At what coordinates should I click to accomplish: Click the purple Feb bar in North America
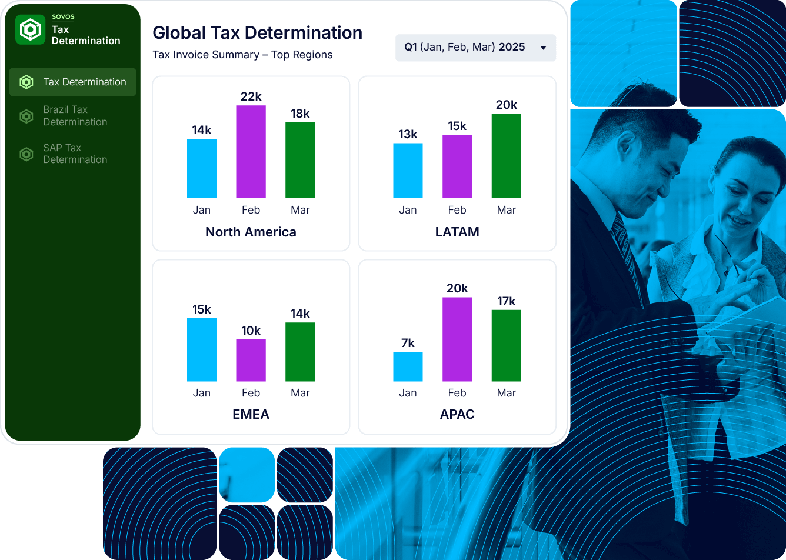coord(251,152)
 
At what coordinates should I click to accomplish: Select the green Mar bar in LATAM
coord(506,156)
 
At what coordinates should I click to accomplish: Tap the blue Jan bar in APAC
coord(408,366)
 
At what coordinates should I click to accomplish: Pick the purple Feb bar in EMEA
coord(251,360)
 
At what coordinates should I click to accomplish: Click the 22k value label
coord(251,96)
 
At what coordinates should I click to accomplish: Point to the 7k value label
coord(408,343)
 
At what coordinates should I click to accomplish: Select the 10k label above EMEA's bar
coord(251,331)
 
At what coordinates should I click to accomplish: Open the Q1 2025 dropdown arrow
coord(543,48)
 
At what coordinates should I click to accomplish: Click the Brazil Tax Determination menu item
coord(75,116)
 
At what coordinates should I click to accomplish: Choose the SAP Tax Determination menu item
coord(75,154)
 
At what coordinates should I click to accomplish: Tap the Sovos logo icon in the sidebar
coord(30,29)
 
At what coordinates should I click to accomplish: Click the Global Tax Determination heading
coord(257,33)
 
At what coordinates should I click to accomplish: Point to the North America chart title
coord(251,232)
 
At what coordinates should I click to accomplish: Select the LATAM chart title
coord(457,232)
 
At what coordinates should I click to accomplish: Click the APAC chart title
coord(457,414)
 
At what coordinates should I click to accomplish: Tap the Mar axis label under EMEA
coord(300,393)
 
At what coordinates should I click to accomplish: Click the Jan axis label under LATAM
coord(408,210)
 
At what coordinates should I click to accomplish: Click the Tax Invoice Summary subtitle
coord(242,55)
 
